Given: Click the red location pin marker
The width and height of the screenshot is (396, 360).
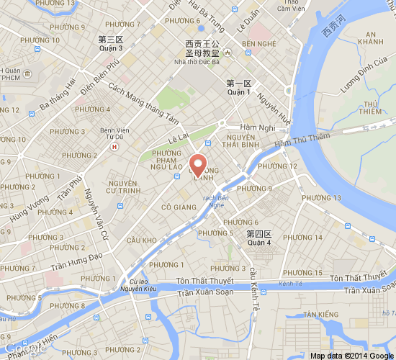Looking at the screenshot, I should tap(198, 163).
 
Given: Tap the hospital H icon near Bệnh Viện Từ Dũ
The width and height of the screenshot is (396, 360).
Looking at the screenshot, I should tap(113, 146).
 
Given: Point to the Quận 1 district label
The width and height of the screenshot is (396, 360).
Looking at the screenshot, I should tap(238, 92).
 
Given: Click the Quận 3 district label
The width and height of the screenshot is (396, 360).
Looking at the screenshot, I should tap(111, 48).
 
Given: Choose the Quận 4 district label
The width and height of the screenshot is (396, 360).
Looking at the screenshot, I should tap(259, 243).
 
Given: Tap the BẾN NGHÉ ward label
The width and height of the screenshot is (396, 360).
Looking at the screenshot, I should tap(259, 45).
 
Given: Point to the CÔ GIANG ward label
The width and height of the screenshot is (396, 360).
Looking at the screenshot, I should tap(179, 207).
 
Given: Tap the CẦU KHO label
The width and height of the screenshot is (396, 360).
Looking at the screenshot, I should tap(141, 240).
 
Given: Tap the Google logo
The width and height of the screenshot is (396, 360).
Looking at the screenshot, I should tap(22, 348).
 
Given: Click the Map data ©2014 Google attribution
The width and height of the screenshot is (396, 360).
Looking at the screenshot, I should tap(352, 356).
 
